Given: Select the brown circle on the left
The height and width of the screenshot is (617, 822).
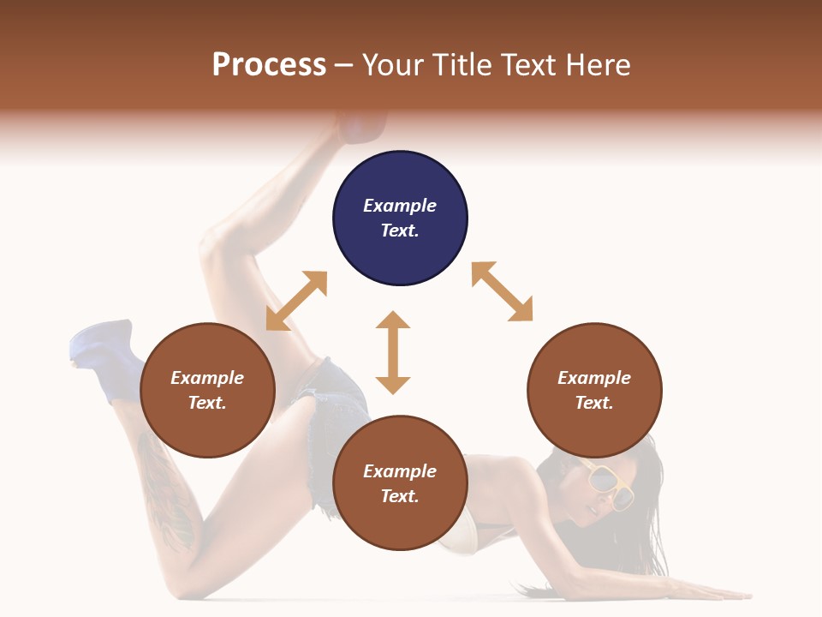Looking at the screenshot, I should click(207, 390).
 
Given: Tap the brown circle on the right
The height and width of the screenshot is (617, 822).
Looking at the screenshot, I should click(594, 390).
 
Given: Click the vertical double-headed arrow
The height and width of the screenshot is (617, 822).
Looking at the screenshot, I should click(393, 352).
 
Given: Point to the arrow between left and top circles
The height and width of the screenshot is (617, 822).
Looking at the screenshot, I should click(296, 301).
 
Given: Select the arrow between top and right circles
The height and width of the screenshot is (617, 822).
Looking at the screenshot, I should click(502, 292).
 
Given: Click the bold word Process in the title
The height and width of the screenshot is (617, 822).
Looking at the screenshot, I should click(269, 65).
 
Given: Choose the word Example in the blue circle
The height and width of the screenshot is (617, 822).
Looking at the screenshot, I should click(400, 206).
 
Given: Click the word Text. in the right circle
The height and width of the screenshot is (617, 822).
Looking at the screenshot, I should click(594, 403).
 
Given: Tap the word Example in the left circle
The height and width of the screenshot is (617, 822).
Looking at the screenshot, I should click(207, 378).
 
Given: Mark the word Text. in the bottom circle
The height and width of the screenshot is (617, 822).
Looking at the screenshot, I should click(400, 496).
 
